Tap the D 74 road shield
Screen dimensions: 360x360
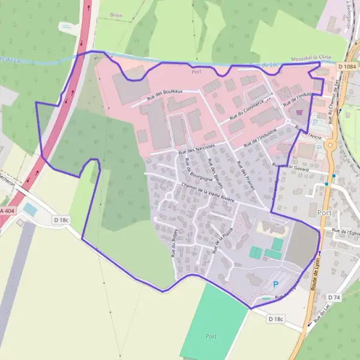334,298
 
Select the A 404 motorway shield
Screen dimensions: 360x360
6,211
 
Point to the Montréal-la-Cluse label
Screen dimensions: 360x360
311,59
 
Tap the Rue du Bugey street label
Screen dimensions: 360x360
174,245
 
